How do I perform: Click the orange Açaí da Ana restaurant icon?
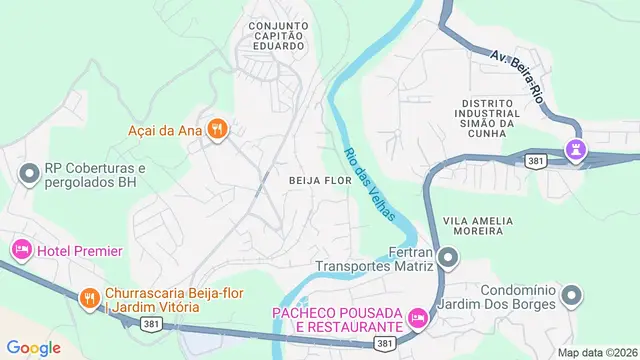pyautogui.click(x=217, y=129)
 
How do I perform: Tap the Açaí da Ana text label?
pyautogui.click(x=166, y=129)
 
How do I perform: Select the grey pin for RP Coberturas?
pyautogui.click(x=28, y=175)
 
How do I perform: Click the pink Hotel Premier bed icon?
pyautogui.click(x=20, y=249)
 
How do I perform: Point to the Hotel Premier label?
pyautogui.click(x=79, y=250)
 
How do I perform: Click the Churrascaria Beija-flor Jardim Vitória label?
pyautogui.click(x=151, y=298)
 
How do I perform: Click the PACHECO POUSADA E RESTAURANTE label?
pyautogui.click(x=337, y=320)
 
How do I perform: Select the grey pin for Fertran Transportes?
pyautogui.click(x=447, y=259)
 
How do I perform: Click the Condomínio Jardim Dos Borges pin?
pyautogui.click(x=571, y=295)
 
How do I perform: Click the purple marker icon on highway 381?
pyautogui.click(x=576, y=152)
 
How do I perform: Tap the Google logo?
pyautogui.click(x=34, y=347)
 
